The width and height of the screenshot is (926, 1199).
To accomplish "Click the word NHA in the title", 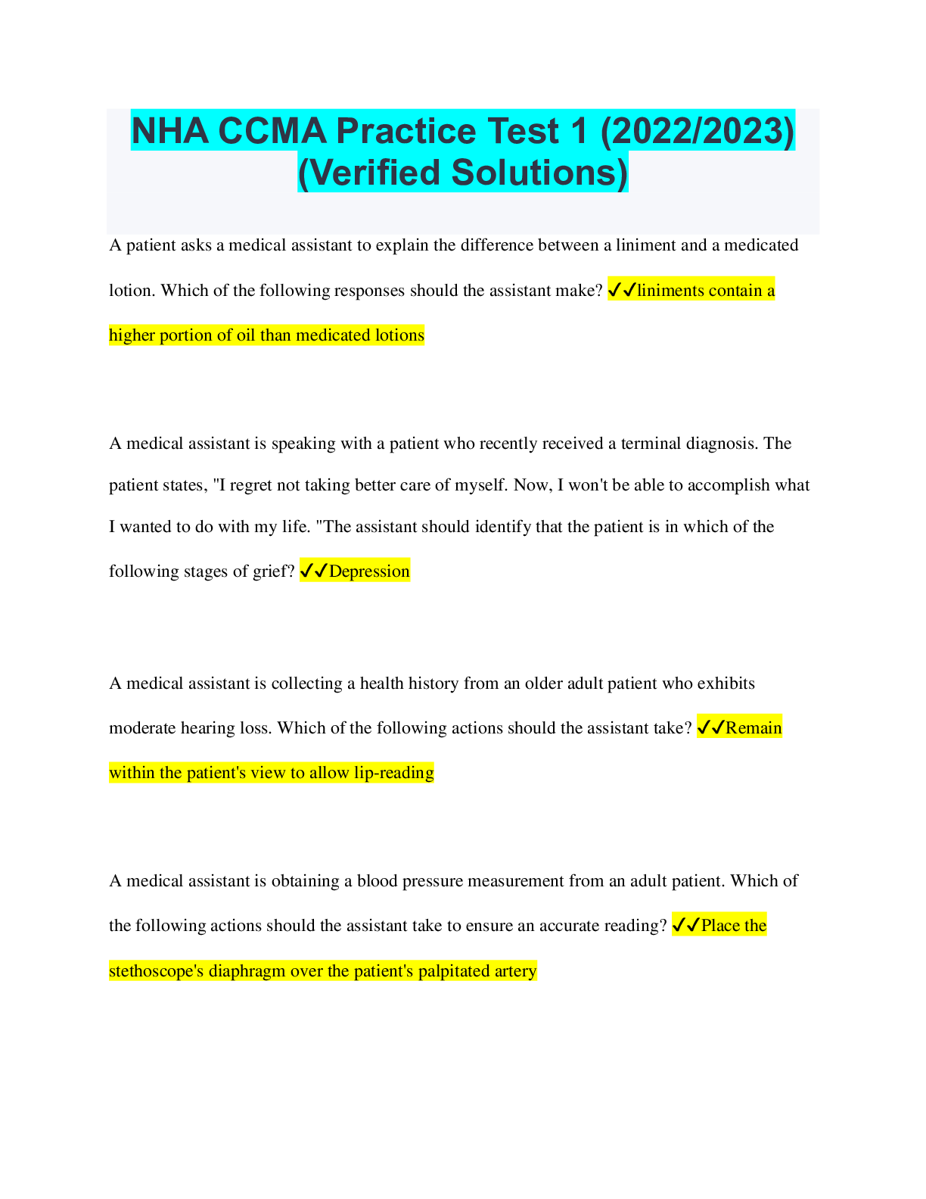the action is click(170, 131).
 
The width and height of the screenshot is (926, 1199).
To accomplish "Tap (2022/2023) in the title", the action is click(697, 132).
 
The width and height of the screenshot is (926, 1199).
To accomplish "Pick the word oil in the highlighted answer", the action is click(245, 335).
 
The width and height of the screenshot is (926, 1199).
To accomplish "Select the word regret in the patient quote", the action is click(251, 485).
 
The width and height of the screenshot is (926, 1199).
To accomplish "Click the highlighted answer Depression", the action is click(369, 571).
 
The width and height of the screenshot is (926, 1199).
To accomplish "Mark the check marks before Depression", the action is click(314, 570).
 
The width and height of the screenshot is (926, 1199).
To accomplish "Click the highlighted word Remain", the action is click(754, 727).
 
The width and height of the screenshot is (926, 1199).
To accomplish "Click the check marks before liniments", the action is click(622, 289).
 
